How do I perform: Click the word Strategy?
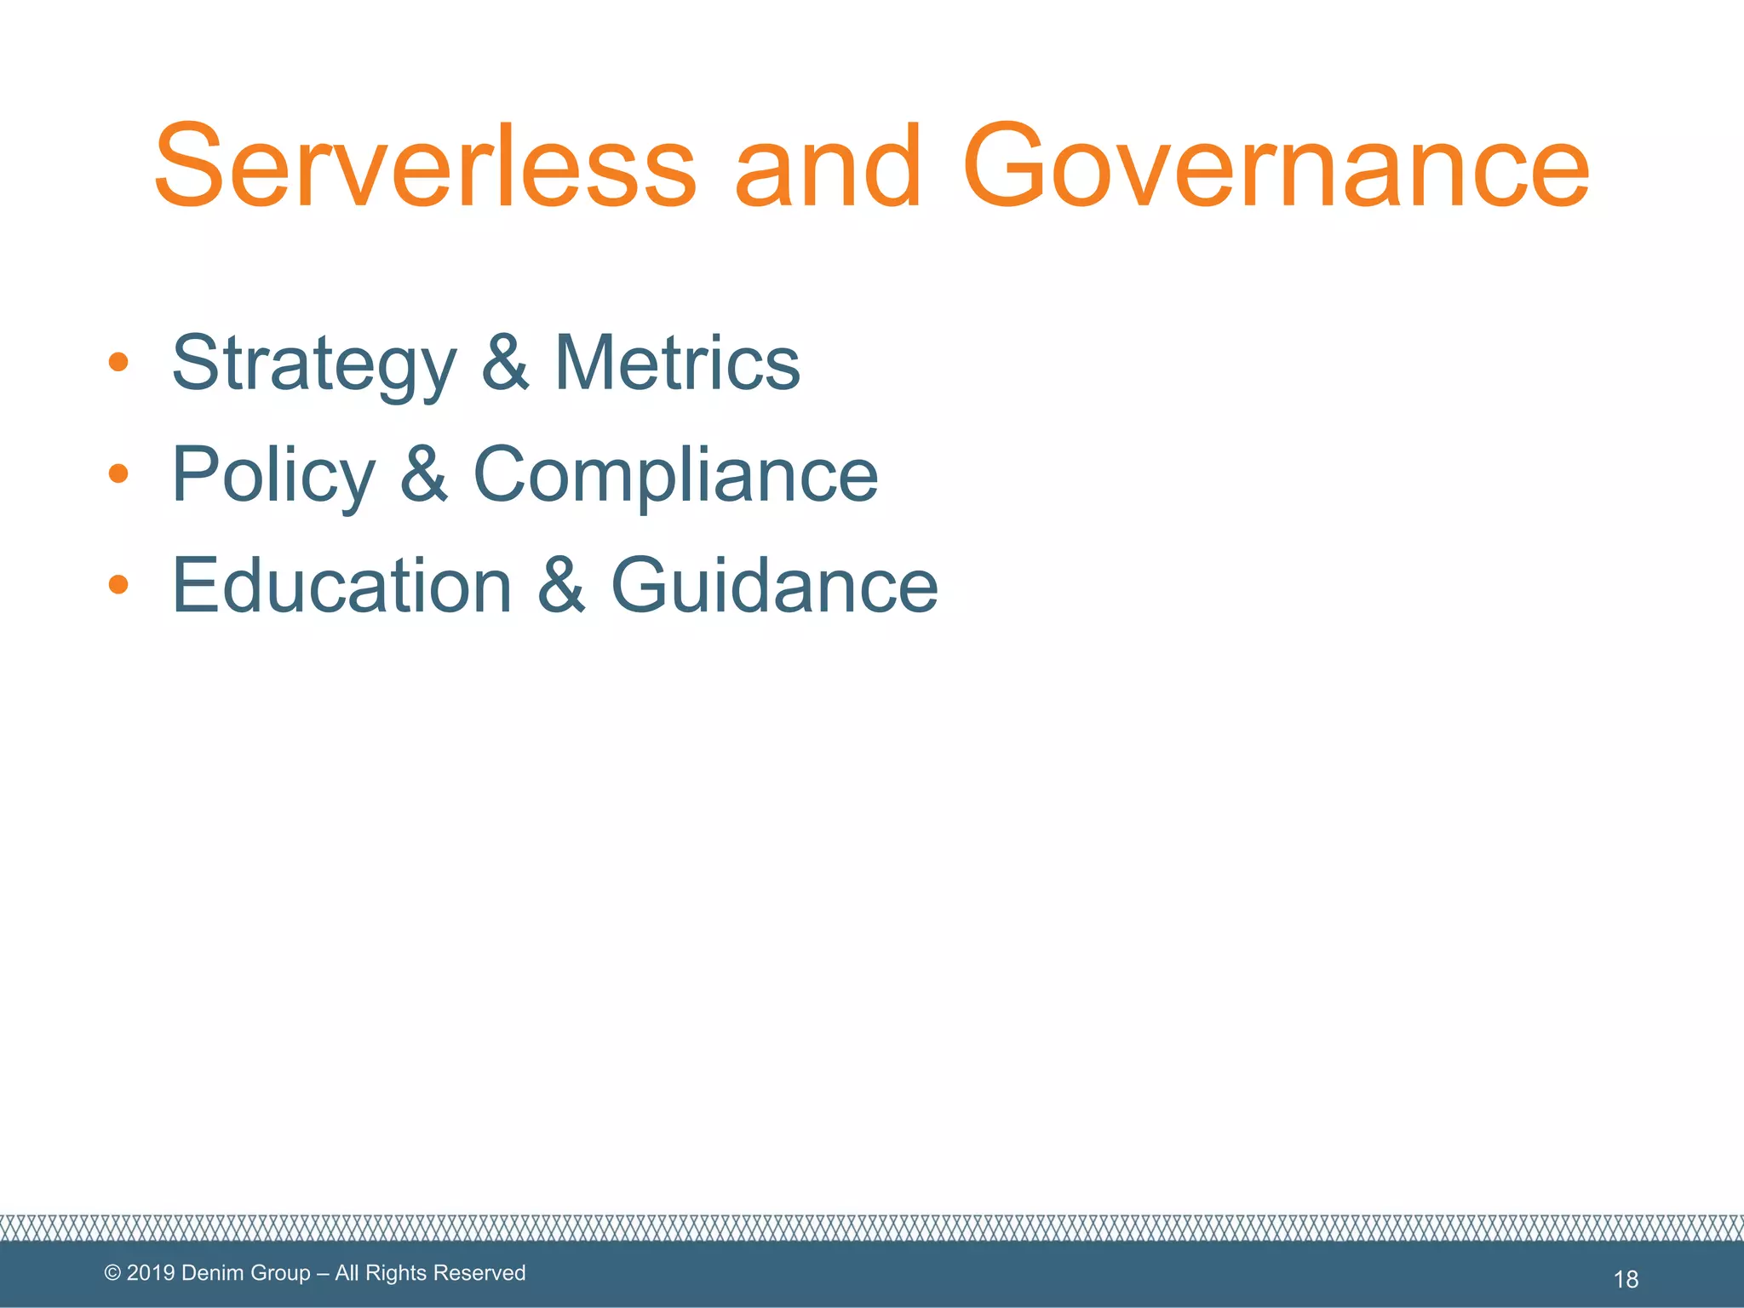coord(314,364)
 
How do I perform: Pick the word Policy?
coord(273,475)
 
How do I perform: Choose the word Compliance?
coord(675,475)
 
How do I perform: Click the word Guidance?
coord(775,585)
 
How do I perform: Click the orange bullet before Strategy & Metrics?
coord(118,363)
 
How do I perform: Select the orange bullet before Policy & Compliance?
coord(118,473)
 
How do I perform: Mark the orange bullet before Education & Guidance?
coord(118,584)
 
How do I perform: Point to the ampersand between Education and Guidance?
coord(562,585)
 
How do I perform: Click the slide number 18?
coord(1626,1279)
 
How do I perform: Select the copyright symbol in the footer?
coord(112,1273)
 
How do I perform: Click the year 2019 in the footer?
coord(151,1273)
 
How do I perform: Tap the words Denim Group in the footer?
coord(246,1273)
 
